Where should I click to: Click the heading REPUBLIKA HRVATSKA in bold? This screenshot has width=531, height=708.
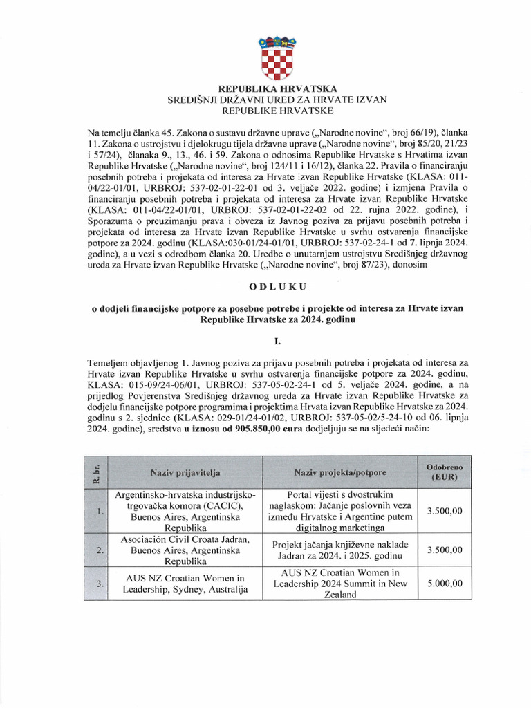tap(277, 89)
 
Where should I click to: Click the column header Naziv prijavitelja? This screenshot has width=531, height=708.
tap(185, 472)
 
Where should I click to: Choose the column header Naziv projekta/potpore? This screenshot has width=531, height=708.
tap(339, 472)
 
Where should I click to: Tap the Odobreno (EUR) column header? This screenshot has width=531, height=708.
tap(445, 472)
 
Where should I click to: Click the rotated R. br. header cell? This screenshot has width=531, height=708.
tap(98, 472)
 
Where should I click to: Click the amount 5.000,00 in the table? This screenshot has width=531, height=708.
tap(445, 584)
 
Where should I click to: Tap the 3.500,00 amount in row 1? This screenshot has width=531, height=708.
tap(445, 512)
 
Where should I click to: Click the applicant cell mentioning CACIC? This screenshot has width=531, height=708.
tap(185, 512)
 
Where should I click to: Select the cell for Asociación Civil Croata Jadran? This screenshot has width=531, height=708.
tap(185, 550)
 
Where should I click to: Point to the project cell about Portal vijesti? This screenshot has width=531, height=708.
tap(339, 512)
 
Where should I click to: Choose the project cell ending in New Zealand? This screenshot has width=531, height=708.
tap(339, 584)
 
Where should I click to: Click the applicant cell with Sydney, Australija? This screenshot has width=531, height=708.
tap(185, 584)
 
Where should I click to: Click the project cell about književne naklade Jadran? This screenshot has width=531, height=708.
tap(339, 550)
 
